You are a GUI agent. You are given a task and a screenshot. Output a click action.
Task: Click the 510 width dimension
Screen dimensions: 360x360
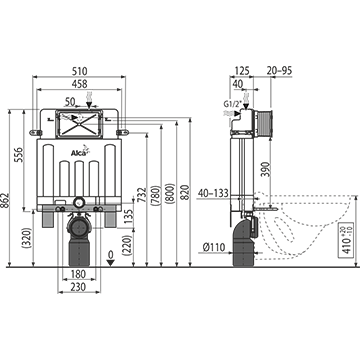click(x=79, y=71)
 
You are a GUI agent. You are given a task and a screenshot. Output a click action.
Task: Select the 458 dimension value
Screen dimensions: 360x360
click(x=79, y=84)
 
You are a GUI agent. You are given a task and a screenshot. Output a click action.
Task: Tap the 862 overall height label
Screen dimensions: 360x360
click(x=4, y=201)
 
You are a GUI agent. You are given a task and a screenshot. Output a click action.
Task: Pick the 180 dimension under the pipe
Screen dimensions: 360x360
click(x=79, y=274)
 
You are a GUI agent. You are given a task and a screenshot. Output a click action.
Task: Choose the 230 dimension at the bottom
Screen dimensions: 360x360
click(x=79, y=286)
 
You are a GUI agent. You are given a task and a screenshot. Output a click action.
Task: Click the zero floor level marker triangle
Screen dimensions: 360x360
click(x=111, y=263)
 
